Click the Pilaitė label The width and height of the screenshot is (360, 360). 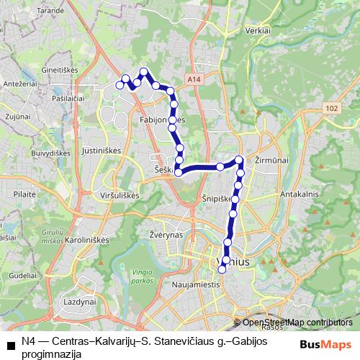(24, 194)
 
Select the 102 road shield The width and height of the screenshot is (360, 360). (330, 107)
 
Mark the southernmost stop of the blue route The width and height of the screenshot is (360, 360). (222, 269)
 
